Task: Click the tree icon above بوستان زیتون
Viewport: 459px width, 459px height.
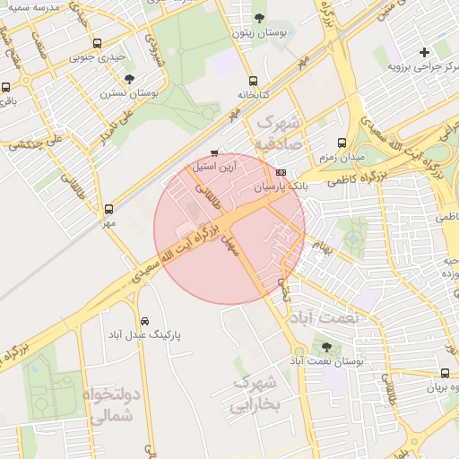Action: (x=259, y=18)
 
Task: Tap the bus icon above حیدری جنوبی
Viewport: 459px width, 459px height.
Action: (x=97, y=42)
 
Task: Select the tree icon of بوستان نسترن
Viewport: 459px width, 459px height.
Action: (x=130, y=79)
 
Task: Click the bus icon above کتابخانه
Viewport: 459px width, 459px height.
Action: (x=253, y=80)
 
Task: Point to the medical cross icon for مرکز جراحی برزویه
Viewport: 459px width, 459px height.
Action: (x=424, y=53)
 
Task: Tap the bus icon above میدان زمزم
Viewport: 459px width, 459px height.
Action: (x=341, y=143)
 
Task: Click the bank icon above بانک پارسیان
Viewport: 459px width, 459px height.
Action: (x=281, y=172)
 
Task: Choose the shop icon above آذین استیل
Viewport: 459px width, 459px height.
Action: (x=213, y=152)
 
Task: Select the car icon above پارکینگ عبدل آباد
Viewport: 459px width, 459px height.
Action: (x=144, y=320)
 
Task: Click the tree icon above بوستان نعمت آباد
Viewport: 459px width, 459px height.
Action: (x=325, y=346)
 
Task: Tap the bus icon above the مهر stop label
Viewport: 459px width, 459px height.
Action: (x=109, y=208)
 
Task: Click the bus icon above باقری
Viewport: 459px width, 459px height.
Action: (x=6, y=88)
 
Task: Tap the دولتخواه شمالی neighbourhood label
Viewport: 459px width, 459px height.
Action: (x=113, y=404)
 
